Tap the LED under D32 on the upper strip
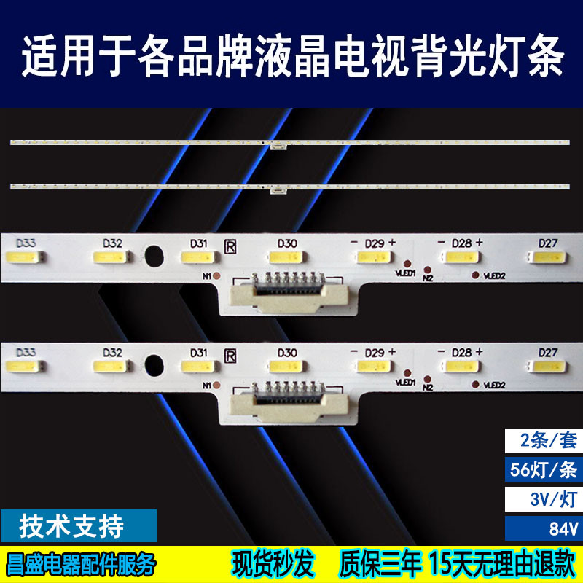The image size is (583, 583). coord(111,257)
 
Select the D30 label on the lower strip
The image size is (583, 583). coord(287,352)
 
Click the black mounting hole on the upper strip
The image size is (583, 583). coord(154,256)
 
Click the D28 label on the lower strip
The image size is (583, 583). coord(461,352)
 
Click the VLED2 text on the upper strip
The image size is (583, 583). coord(493,275)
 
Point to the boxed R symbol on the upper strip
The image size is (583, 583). coord(230,243)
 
